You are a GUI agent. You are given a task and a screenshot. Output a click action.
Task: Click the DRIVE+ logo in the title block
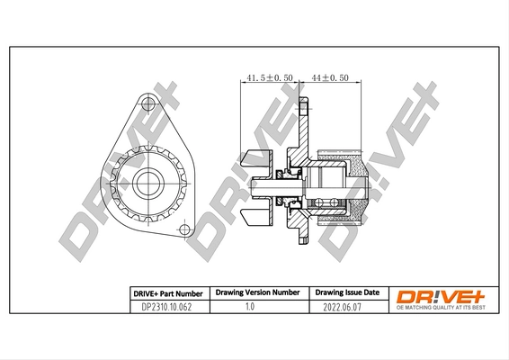point(441,294)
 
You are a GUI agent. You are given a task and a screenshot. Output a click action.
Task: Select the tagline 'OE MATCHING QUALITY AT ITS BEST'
point(441,309)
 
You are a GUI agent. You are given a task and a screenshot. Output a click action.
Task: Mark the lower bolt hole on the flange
point(184,231)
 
